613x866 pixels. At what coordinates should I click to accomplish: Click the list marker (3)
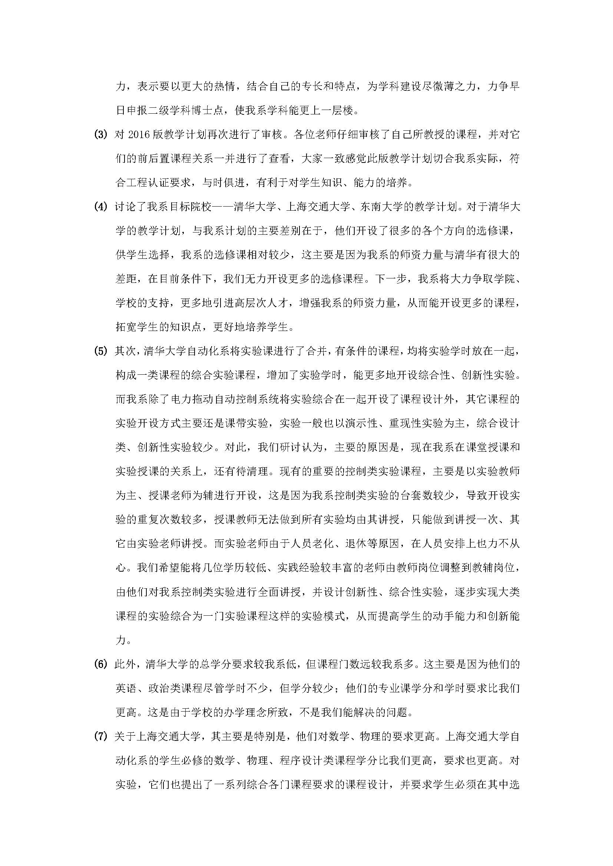100,135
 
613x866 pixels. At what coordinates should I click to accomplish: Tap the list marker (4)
100,207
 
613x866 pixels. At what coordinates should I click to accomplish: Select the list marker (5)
100,351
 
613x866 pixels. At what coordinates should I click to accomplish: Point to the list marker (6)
100,665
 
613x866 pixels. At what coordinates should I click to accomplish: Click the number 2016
139,135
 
